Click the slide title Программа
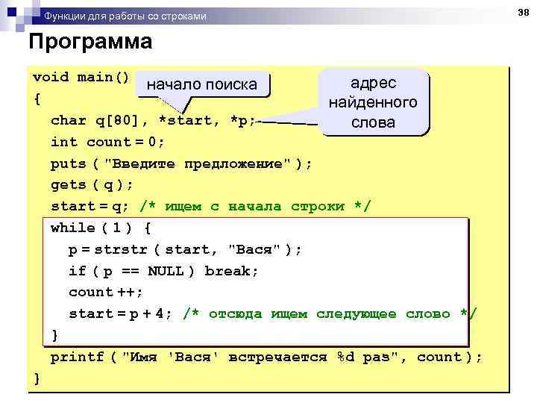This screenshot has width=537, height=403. (x=90, y=42)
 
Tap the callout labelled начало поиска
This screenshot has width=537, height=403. (x=201, y=85)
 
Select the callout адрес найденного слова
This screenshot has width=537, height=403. (x=373, y=102)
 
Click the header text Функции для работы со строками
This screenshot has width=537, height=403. (x=125, y=16)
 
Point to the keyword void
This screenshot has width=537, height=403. (x=51, y=77)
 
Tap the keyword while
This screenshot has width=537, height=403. (x=73, y=228)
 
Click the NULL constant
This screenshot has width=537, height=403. (x=165, y=271)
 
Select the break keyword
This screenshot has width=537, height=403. (x=231, y=271)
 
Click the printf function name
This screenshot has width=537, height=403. (x=78, y=357)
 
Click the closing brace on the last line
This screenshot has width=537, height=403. (x=37, y=378)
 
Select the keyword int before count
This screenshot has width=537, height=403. (x=64, y=142)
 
